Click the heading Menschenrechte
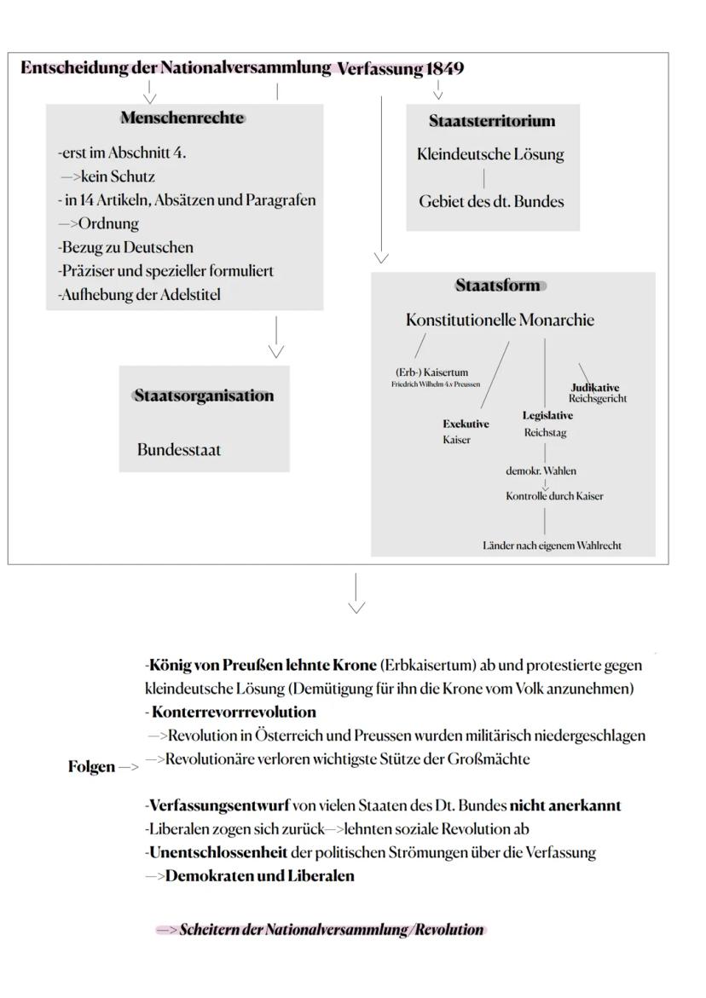coord(182,118)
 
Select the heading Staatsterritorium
coord(491,121)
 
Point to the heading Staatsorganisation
coord(204,395)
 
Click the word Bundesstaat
coord(178,450)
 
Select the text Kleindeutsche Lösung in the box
coord(489,155)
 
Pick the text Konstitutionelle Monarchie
coord(500,320)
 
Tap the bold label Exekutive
coord(466,424)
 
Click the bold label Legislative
coord(547,416)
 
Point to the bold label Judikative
coord(594,388)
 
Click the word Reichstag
coord(545,433)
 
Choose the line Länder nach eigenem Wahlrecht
coord(551,545)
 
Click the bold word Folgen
coord(90,767)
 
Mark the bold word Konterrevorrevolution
coord(234,712)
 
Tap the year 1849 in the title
coord(444,69)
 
